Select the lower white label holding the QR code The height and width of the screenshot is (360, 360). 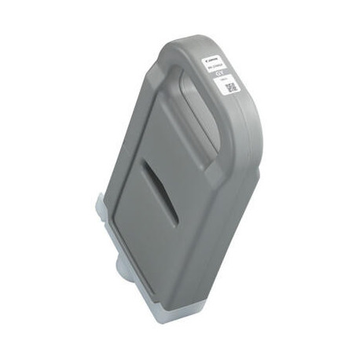[230, 85]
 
